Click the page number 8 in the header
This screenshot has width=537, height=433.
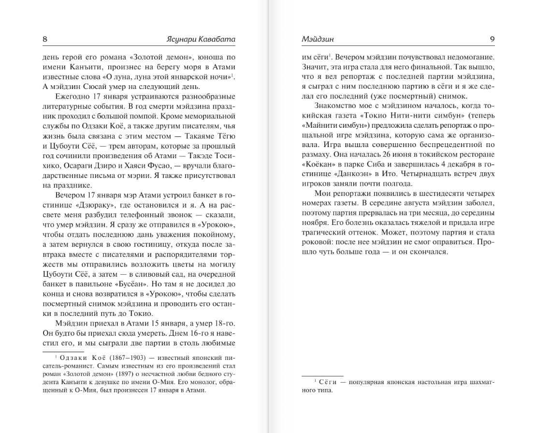[45, 39]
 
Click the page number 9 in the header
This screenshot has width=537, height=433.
[492, 39]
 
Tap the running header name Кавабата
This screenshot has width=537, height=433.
[220, 39]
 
